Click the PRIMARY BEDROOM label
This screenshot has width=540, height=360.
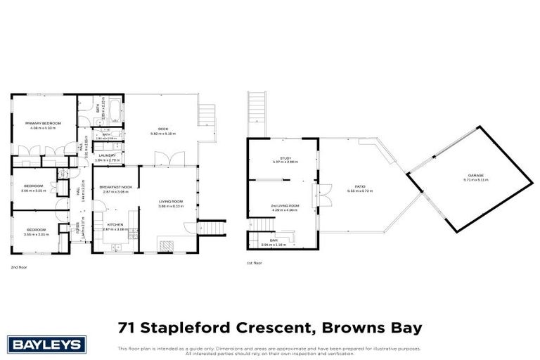tap(43, 123)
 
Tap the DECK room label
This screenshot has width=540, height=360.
tap(162, 129)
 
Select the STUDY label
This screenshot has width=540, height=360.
tap(285, 157)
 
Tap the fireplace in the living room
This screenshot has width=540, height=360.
tap(166, 245)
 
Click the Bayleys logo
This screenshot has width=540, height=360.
tap(47, 344)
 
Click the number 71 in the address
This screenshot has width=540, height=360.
tap(127, 328)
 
